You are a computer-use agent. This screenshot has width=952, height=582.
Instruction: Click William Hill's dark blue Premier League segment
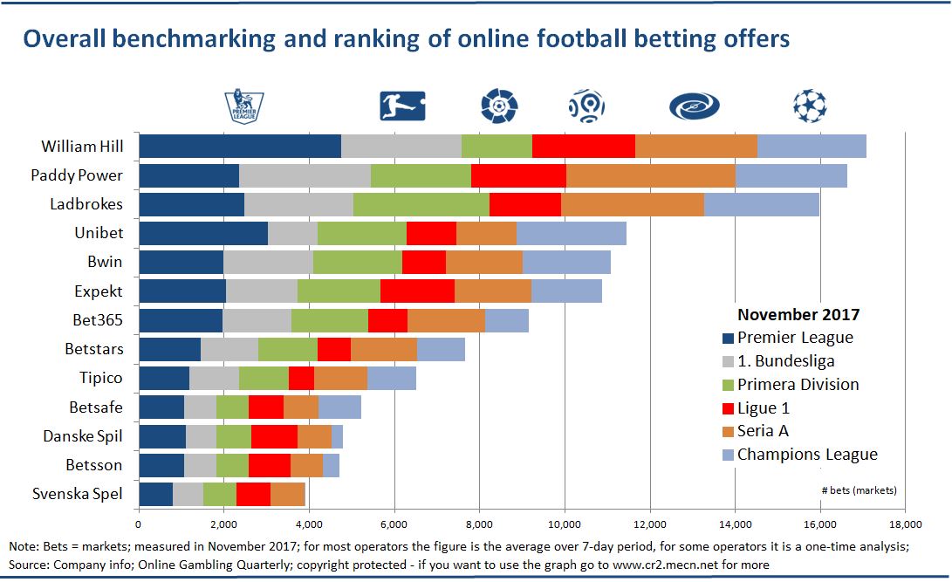(239, 147)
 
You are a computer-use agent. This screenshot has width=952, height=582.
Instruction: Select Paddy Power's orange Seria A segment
(650, 175)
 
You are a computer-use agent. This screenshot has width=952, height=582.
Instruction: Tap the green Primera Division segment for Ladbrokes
(421, 204)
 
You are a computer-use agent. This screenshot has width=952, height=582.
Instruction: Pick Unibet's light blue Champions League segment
(571, 234)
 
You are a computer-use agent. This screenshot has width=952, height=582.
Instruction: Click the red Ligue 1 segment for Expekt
(417, 291)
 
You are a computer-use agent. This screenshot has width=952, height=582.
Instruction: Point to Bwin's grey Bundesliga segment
(268, 262)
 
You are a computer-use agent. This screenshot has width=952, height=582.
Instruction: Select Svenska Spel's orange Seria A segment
(287, 494)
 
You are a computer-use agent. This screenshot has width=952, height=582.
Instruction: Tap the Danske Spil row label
(83, 435)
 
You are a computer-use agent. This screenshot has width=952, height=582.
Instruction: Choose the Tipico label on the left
(100, 378)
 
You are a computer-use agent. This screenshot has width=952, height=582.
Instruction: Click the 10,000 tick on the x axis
(565, 524)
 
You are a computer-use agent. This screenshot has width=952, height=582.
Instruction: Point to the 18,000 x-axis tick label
(905, 524)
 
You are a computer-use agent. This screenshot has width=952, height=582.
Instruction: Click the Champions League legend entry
(806, 455)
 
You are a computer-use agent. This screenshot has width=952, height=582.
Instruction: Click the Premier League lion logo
(243, 106)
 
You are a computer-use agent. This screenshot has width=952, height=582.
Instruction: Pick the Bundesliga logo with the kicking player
(402, 106)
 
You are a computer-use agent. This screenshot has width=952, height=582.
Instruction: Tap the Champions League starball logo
(809, 106)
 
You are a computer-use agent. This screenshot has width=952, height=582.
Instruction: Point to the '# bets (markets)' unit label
(859, 489)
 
